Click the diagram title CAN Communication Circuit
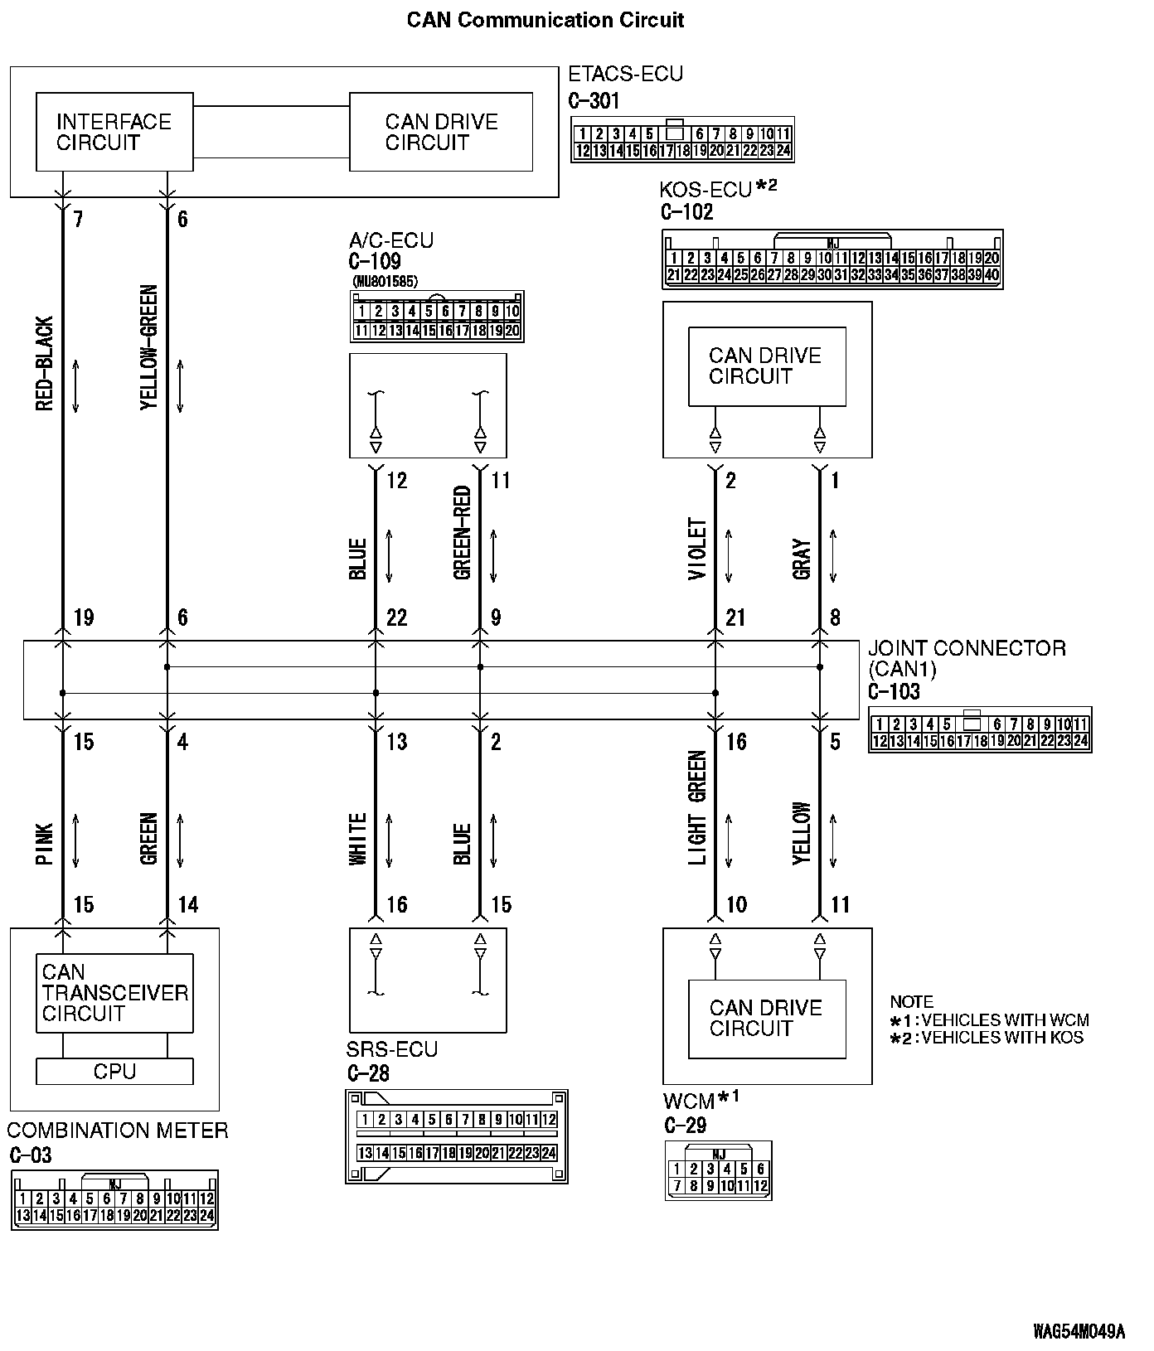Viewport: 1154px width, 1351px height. click(x=545, y=20)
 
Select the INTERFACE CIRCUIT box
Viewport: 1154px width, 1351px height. click(x=114, y=133)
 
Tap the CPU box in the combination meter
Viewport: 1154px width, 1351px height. click(x=114, y=1072)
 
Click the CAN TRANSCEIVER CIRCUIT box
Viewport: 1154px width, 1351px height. click(x=114, y=993)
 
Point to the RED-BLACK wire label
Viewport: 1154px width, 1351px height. click(x=45, y=363)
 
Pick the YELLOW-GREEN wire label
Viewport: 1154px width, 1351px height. click(x=149, y=348)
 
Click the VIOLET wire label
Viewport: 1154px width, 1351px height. click(x=698, y=549)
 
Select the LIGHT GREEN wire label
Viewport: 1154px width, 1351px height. click(x=698, y=808)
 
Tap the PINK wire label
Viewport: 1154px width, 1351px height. click(x=45, y=844)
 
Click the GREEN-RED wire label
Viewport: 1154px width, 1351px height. click(x=463, y=532)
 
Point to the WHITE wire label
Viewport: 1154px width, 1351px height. click(x=358, y=840)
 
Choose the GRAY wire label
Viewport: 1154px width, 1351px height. click(x=802, y=559)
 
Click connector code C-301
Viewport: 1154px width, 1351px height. click(x=594, y=101)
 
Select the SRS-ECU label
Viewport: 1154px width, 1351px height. click(x=392, y=1049)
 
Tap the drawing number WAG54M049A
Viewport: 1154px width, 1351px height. click(x=1079, y=1331)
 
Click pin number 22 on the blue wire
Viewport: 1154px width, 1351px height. click(x=397, y=617)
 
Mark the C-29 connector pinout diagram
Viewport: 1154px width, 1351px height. click(x=718, y=1170)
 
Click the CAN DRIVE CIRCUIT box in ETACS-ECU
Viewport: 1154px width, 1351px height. click(x=441, y=133)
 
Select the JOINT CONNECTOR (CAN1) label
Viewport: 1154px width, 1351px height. click(x=966, y=659)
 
